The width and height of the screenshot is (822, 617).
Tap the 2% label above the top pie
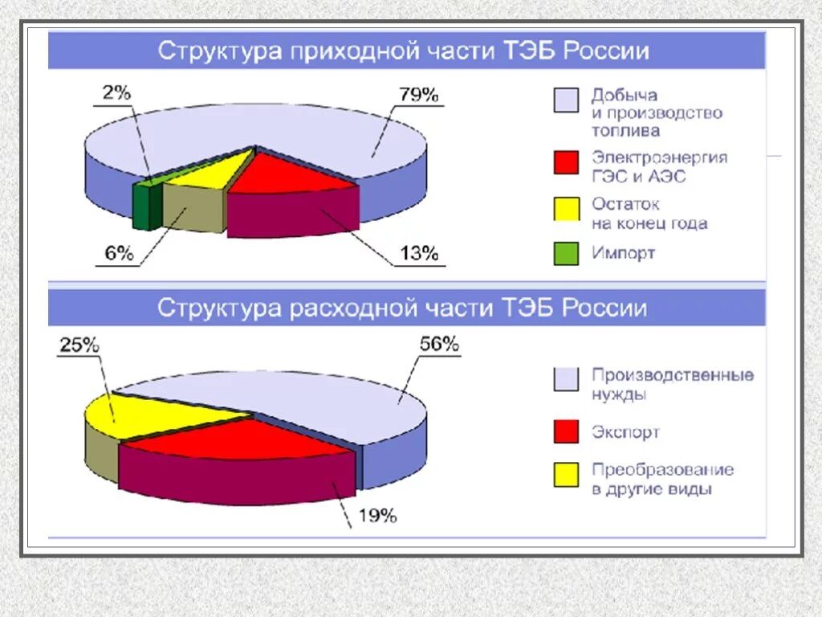116,92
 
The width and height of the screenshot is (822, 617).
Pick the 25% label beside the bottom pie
78,345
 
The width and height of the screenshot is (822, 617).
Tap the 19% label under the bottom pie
376,516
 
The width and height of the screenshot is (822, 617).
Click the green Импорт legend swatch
566,254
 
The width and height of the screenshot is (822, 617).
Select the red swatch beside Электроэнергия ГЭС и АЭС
566,163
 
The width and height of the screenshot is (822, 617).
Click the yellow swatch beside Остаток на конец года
566,209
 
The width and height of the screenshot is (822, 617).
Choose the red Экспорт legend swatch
566,431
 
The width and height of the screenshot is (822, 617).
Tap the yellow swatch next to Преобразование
566,475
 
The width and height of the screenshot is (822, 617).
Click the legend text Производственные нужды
673,384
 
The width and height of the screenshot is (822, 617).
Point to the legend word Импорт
624,253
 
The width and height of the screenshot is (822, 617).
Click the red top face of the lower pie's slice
241,442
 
